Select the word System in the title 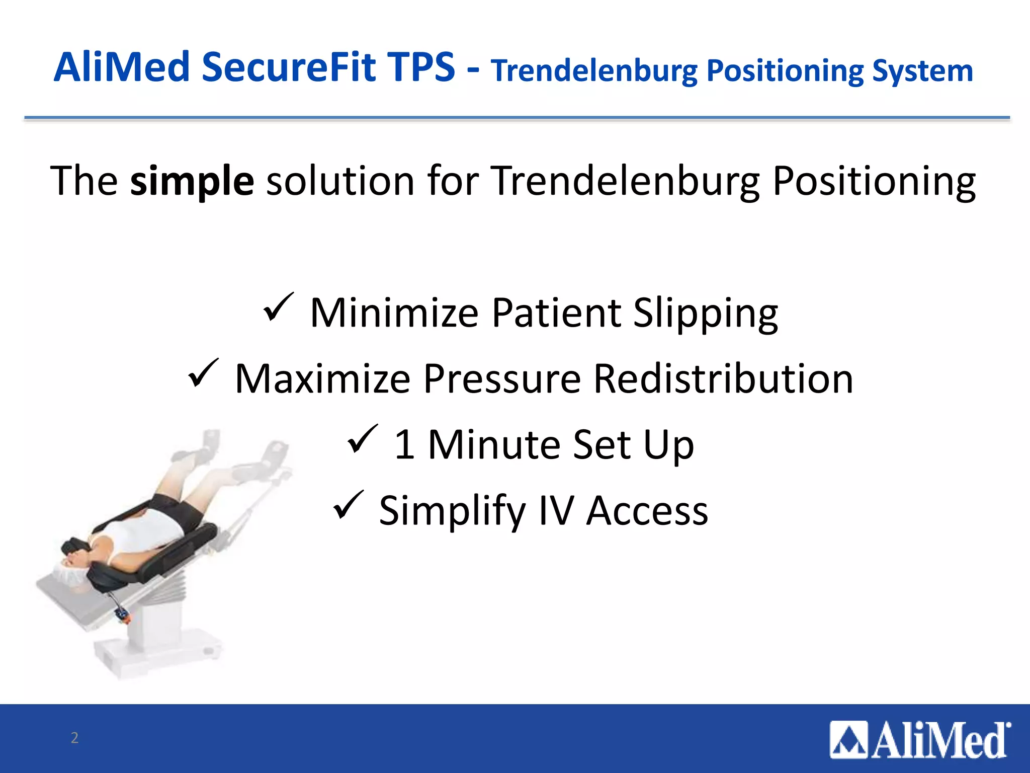pos(922,71)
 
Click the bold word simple pos(192,181)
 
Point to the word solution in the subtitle pos(340,181)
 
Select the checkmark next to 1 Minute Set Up pos(363,439)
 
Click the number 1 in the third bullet pos(405,445)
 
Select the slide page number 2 pos(74,738)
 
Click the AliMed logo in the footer pos(919,740)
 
